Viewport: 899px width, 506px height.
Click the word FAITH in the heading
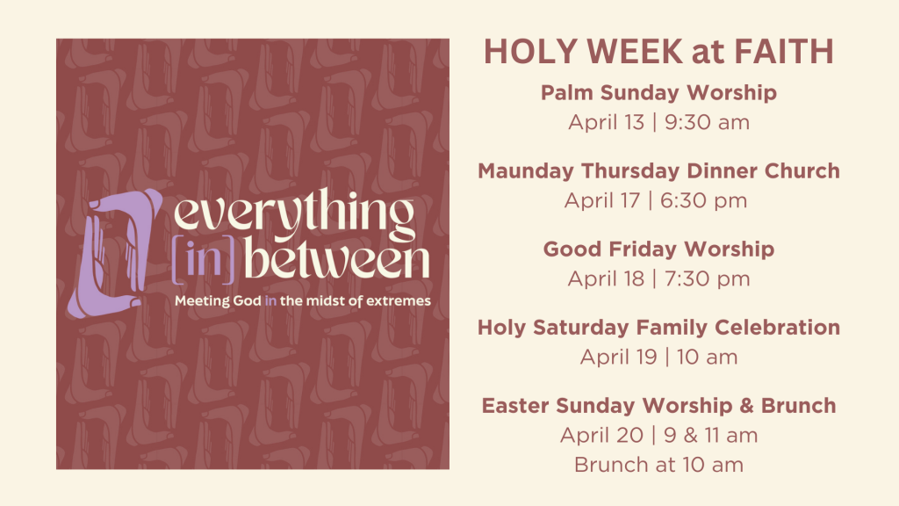(784, 51)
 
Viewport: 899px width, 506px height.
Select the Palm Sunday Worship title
(658, 92)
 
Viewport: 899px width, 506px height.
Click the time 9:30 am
(707, 122)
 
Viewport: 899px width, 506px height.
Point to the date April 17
(602, 201)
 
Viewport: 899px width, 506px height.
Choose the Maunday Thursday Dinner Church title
(658, 171)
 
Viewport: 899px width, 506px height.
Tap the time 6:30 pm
(703, 201)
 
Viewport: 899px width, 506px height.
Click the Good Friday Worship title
(658, 249)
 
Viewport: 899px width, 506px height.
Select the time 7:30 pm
(707, 278)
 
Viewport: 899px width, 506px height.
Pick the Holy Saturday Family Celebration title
(658, 328)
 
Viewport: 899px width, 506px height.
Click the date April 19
(618, 357)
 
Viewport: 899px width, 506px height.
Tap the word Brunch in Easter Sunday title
(799, 406)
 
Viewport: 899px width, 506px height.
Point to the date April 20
(602, 436)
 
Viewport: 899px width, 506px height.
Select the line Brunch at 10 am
(658, 465)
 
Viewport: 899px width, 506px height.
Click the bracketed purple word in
(204, 260)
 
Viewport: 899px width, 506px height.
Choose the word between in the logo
(337, 259)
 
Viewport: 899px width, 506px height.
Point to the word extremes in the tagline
(399, 301)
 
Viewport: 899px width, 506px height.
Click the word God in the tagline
(247, 300)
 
